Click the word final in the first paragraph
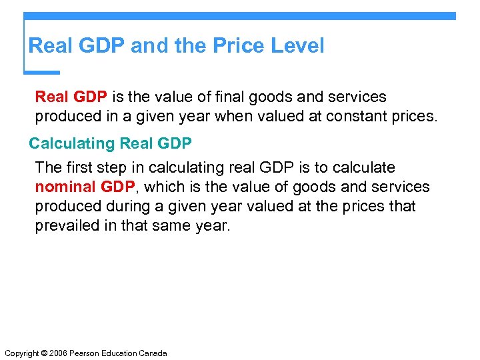click(x=215, y=97)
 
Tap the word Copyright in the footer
click(x=21, y=353)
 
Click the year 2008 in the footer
click(x=59, y=353)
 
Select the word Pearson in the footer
click(x=86, y=353)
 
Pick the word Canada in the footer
click(x=153, y=353)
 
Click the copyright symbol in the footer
click(x=44, y=353)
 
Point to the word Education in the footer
click(x=120, y=353)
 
